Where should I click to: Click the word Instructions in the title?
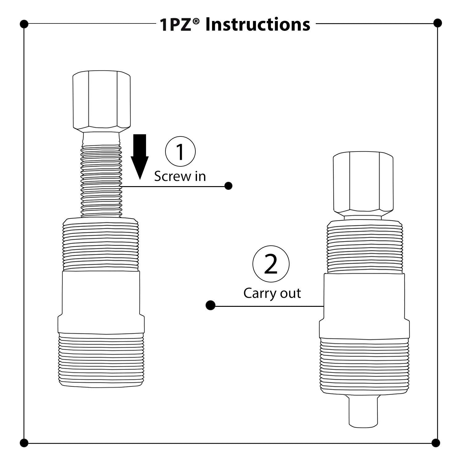click(x=257, y=25)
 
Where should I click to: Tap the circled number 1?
click(x=180, y=152)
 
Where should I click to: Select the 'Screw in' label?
click(x=180, y=176)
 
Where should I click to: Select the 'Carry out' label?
click(x=272, y=293)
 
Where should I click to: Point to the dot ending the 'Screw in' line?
click(x=228, y=186)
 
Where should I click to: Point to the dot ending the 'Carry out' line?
click(x=211, y=306)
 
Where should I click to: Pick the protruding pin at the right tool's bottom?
click(x=363, y=411)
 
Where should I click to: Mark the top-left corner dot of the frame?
click(x=24, y=24)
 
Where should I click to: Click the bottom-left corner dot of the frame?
click(x=24, y=443)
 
